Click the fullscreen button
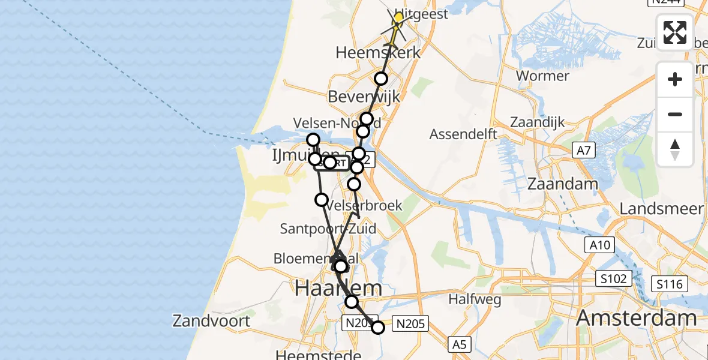point(675,32)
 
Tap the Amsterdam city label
point(637,319)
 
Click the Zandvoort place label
point(211,320)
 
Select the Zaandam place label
point(562,184)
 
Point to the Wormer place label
point(542,76)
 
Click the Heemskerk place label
point(378,52)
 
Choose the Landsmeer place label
point(661,208)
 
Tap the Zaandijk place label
point(538,122)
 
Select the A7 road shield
point(583,150)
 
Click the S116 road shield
point(670,283)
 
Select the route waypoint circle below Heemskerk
point(381,79)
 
